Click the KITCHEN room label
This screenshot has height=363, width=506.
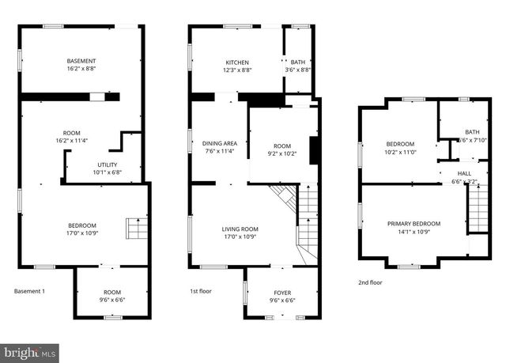[x=237, y=62]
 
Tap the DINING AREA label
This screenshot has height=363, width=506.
[x=219, y=143]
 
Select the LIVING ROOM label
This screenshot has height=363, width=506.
[x=240, y=229]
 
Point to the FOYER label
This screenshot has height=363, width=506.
[x=282, y=293]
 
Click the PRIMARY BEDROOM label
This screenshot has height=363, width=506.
[x=413, y=224]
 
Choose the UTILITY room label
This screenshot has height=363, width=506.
[x=104, y=164]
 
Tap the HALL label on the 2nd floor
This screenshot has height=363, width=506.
[x=464, y=173]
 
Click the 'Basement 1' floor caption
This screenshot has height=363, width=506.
[x=30, y=292]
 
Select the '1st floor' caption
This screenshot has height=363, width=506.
[x=201, y=292]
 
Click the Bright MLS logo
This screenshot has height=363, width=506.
[x=30, y=350]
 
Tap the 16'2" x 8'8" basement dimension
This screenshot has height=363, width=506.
[x=81, y=70]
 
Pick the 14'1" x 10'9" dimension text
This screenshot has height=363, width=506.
[x=413, y=233]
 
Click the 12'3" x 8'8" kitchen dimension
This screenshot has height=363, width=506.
[x=237, y=70]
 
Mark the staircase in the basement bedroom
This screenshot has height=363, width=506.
[x=137, y=229]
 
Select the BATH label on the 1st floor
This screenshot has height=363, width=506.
[x=297, y=62]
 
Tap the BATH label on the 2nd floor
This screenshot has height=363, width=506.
[x=472, y=132]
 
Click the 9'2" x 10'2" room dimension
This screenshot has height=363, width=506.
[x=282, y=154]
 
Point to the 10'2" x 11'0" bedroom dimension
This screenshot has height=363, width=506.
[x=400, y=152]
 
